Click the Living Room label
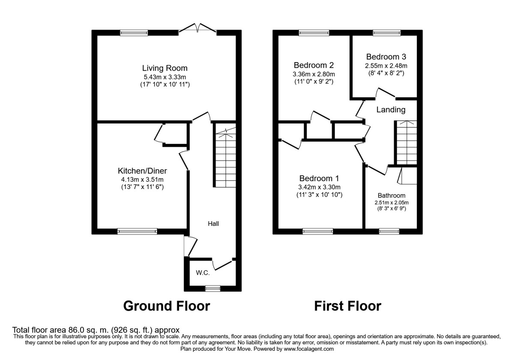pos(165,68)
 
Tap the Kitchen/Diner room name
pos(142,171)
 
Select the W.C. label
pos(202,273)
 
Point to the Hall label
pos(213,223)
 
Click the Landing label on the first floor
pos(391,110)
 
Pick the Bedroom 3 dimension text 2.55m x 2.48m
pos(385,66)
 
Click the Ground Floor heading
pos(167,306)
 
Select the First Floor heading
pos(347,306)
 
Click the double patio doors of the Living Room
pos(197,29)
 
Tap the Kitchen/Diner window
pos(137,231)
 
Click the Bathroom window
pos(389,231)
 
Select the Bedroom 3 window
pos(386,33)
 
